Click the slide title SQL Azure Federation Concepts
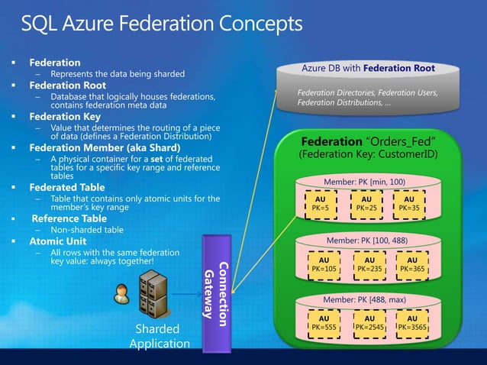click(x=162, y=24)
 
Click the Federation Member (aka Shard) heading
click(x=105, y=147)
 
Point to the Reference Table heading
click(x=68, y=218)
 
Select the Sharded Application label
click(x=157, y=336)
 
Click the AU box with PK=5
click(x=321, y=202)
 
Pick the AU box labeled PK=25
click(x=364, y=202)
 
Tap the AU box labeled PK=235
click(x=369, y=263)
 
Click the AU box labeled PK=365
click(x=412, y=263)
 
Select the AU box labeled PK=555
click(x=324, y=322)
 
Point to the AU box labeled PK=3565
click(x=412, y=322)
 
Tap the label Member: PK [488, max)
click(x=364, y=300)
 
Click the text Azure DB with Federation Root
click(x=368, y=68)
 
